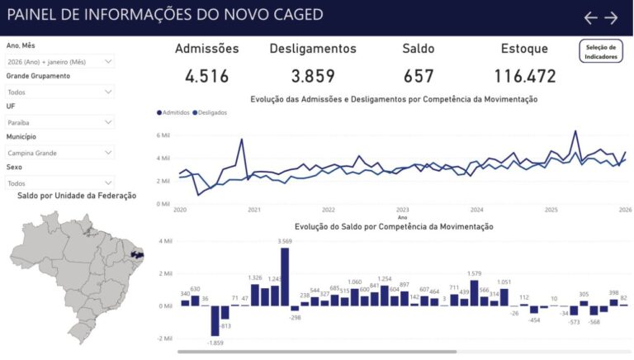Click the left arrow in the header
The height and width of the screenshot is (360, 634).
pos(590,17)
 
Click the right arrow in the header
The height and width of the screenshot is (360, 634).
pos(611,17)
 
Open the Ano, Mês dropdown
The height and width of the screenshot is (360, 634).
pos(59,61)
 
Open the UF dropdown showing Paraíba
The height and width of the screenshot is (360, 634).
pos(59,122)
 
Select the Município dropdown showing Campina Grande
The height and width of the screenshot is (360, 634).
pos(59,153)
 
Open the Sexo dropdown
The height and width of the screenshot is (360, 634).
pos(59,183)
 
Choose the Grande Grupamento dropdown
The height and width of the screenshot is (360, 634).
pos(59,92)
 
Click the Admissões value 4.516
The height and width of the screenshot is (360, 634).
pos(206,77)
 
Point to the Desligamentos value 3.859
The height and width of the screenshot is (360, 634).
pos(313,77)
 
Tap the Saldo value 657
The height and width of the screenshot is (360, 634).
pos(419,77)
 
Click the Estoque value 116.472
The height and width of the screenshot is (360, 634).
pos(525,77)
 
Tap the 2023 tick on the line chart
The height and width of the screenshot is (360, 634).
pos(403,210)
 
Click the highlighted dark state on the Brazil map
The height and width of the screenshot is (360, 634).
pos(138,252)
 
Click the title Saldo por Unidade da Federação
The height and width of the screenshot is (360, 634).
pos(77,196)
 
